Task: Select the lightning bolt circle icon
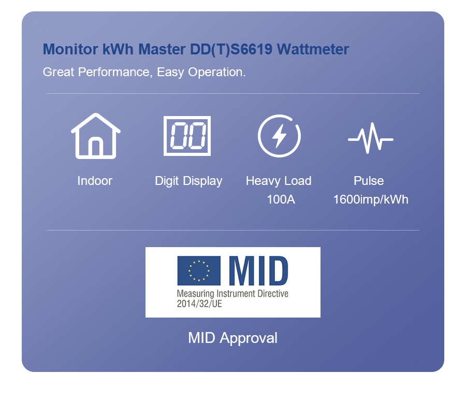(279, 136)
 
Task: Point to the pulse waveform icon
(371, 138)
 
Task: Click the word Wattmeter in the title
(313, 49)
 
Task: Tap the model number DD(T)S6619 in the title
(231, 49)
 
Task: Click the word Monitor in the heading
(70, 49)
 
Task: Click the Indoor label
(95, 181)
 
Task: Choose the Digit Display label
(188, 181)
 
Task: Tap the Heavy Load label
(279, 181)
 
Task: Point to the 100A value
(281, 199)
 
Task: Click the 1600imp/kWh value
(371, 200)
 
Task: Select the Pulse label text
(369, 181)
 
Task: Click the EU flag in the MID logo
(199, 270)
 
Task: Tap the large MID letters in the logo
(258, 270)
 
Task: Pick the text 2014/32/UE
(199, 304)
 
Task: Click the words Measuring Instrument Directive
(232, 294)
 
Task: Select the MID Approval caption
(232, 338)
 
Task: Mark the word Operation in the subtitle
(216, 72)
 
